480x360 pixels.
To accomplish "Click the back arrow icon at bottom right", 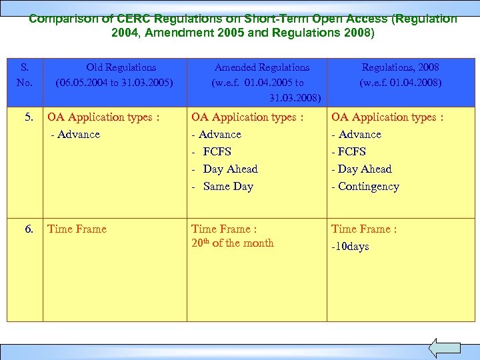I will pos(444,348).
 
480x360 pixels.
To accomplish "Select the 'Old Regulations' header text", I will pos(121,67).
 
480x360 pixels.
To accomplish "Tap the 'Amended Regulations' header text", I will pos(261,67).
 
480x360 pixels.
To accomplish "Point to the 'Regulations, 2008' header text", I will pos(400,67).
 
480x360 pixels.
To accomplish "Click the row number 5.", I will pos(29,117).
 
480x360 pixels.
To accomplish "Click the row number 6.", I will pos(29,229).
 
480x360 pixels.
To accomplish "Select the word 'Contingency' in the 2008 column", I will pos(368,187).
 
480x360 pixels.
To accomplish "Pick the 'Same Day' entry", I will pos(228,187).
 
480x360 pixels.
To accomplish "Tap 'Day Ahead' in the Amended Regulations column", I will pos(230,169).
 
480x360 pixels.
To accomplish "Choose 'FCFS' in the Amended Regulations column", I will pos(217,152).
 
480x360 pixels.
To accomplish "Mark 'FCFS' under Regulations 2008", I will pos(351,152).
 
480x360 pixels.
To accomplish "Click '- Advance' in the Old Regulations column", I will pos(75,135).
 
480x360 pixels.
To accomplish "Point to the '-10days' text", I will pos(350,247).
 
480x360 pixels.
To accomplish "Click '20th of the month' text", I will pos(232,243).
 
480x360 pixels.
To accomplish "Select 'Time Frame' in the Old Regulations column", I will pos(77,229).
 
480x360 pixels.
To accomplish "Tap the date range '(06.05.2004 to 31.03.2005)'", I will pos(115,83).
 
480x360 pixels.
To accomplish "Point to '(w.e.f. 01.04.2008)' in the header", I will pos(400,83).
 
